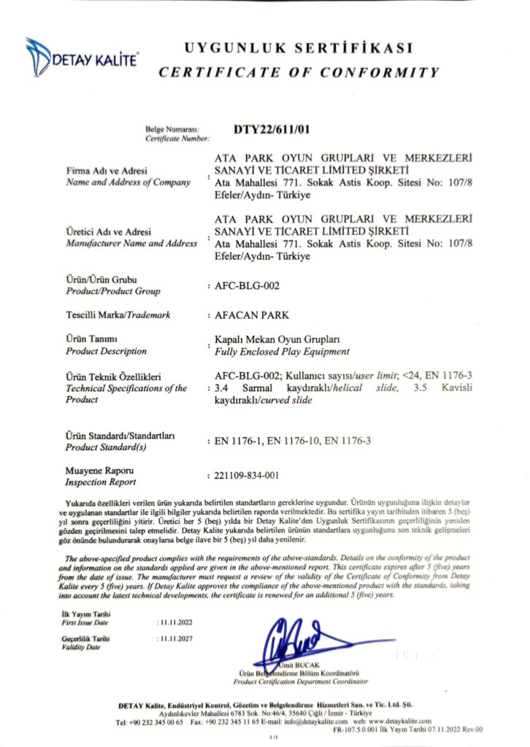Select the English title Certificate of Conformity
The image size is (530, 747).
click(x=299, y=72)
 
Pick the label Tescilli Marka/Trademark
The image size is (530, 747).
click(x=118, y=315)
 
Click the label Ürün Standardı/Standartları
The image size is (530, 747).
click(x=117, y=436)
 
